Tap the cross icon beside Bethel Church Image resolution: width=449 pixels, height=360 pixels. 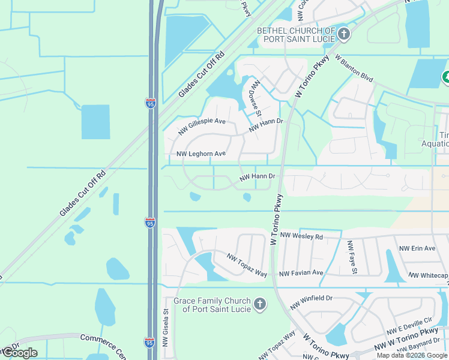(x=344, y=34)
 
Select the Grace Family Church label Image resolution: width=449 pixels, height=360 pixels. (x=212, y=305)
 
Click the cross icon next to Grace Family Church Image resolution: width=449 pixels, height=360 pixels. (x=260, y=305)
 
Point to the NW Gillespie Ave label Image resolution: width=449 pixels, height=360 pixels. (x=202, y=125)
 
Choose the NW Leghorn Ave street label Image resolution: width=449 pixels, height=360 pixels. (x=201, y=154)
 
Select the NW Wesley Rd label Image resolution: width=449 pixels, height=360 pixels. (x=301, y=236)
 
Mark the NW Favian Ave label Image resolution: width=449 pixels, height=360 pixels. (x=301, y=273)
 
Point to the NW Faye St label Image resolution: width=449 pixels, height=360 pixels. (x=352, y=257)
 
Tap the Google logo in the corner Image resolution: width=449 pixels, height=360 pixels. (x=19, y=353)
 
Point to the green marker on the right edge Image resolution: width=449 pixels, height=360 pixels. (x=446, y=77)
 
